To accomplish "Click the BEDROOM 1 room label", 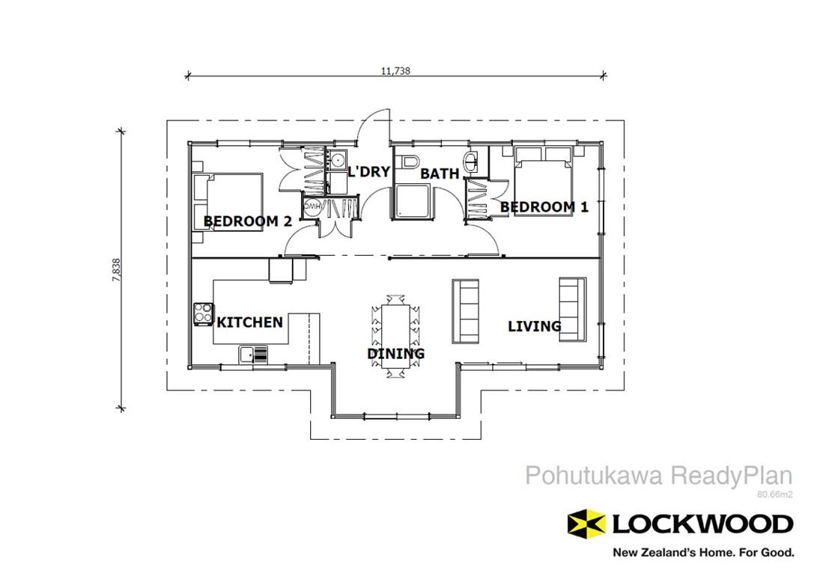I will point(544,207).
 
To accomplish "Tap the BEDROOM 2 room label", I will point(248,221).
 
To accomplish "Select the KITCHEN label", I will point(250,322).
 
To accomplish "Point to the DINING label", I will point(395,354).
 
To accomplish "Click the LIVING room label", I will point(534,326).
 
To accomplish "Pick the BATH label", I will point(440,174).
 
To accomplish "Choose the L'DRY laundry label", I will point(368,172).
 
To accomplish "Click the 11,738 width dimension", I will point(395,71).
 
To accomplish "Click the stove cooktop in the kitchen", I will point(203,313).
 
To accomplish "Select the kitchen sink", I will point(253,354).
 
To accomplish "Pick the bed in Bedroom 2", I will point(228,203).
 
